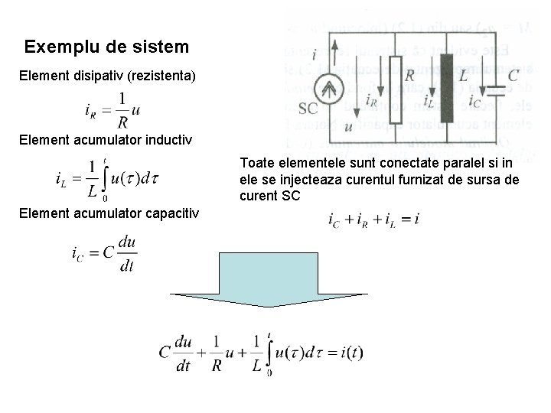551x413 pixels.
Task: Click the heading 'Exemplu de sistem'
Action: coord(106,47)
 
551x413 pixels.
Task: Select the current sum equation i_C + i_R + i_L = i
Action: coord(373,220)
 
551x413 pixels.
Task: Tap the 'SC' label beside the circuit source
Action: coord(308,109)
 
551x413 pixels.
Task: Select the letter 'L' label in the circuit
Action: coord(464,75)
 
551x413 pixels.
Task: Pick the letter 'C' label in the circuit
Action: coord(513,74)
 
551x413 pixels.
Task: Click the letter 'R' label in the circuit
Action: coord(410,75)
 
